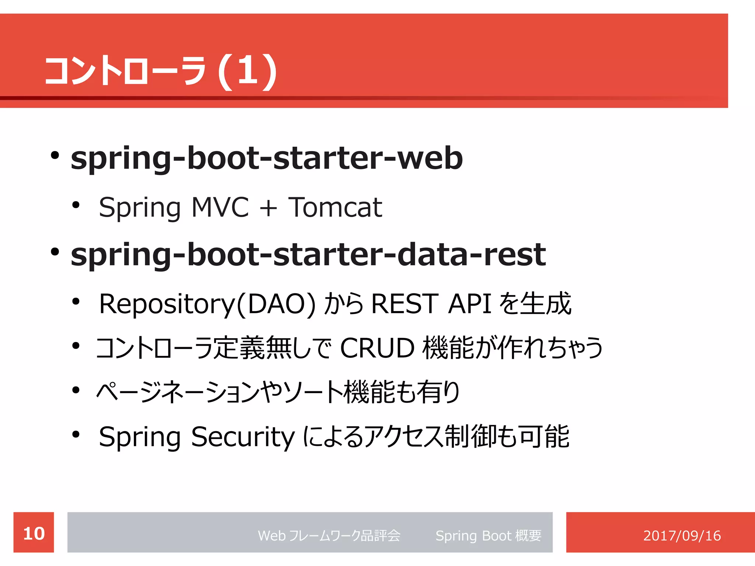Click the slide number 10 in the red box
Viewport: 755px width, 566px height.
pyautogui.click(x=34, y=534)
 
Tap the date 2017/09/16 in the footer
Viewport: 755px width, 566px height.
pyautogui.click(x=682, y=535)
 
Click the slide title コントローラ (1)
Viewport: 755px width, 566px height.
pyautogui.click(x=160, y=71)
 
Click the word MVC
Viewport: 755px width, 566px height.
pyautogui.click(x=220, y=207)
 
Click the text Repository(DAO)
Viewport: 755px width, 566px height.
pyautogui.click(x=207, y=304)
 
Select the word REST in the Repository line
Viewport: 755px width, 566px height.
pyautogui.click(x=405, y=304)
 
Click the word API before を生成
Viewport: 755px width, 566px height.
pyautogui.click(x=470, y=304)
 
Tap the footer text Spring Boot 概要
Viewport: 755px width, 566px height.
pyautogui.click(x=488, y=535)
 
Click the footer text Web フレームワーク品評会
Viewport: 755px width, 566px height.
pyautogui.click(x=329, y=535)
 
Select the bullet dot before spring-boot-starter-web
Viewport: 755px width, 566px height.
pyautogui.click(x=55, y=156)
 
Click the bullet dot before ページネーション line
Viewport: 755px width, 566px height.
pyautogui.click(x=76, y=390)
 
